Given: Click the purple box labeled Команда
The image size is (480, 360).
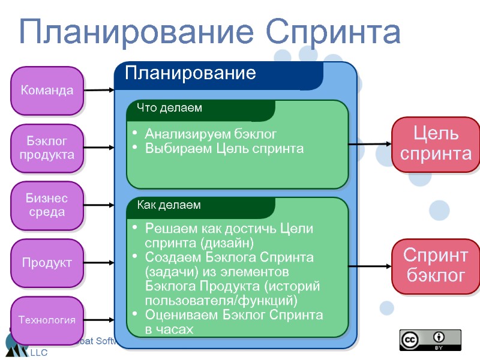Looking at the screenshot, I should click(x=47, y=91).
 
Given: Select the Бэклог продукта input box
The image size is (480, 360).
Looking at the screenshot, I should click(x=47, y=148).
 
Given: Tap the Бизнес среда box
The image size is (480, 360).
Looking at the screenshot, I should click(x=47, y=205).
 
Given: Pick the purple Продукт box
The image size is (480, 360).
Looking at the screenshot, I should click(x=47, y=263).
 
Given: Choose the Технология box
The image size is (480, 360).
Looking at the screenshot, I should click(x=47, y=320).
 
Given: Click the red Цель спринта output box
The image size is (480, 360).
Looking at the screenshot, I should click(x=436, y=143).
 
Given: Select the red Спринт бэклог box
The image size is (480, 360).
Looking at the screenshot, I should click(x=436, y=266).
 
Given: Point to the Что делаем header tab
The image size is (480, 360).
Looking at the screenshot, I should click(x=170, y=109).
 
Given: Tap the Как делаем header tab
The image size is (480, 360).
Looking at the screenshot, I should click(x=169, y=205).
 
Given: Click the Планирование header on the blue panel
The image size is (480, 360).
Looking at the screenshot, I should click(x=191, y=74).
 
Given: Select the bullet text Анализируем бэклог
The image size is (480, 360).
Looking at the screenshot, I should click(x=211, y=134).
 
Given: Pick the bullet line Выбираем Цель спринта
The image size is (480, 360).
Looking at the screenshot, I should click(x=224, y=148).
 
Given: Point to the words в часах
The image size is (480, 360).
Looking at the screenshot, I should click(x=169, y=329).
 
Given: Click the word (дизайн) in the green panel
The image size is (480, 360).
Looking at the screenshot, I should click(x=229, y=242).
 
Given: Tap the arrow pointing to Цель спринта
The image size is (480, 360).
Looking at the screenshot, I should click(x=370, y=144).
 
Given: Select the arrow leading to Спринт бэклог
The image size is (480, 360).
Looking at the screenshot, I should click(x=370, y=266).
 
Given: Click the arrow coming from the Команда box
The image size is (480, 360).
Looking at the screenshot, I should click(x=98, y=91).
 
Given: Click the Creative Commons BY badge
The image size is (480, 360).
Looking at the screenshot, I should click(x=430, y=340).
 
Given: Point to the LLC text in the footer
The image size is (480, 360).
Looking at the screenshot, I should click(x=39, y=353).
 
